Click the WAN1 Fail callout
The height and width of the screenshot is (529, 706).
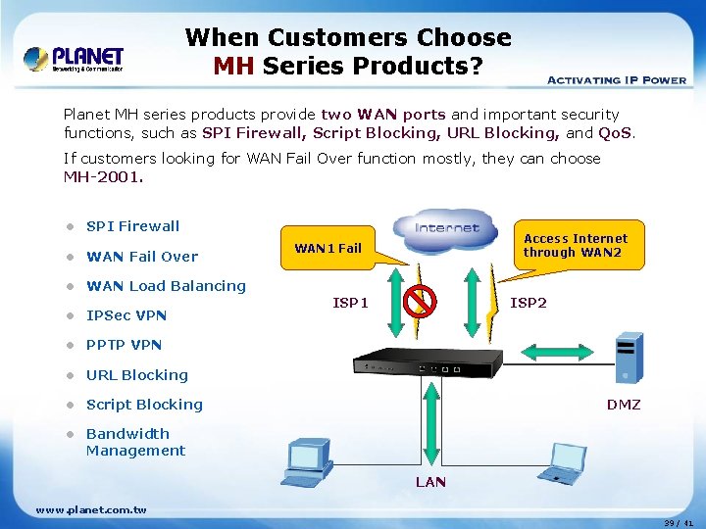click(328, 248)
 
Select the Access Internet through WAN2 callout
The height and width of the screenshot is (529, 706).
click(576, 245)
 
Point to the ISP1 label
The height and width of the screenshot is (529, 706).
click(350, 303)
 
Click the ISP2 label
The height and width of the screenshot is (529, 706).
click(529, 303)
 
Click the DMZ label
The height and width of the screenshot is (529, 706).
click(623, 404)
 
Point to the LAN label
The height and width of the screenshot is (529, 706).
click(430, 481)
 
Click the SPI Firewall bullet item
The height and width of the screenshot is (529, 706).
click(132, 226)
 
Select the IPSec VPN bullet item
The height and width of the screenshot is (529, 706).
click(126, 315)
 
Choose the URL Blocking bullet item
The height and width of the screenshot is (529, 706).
click(136, 375)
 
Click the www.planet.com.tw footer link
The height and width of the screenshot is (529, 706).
click(91, 509)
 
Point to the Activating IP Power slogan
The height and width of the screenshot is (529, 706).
click(616, 80)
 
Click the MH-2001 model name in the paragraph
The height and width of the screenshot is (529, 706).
click(103, 177)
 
